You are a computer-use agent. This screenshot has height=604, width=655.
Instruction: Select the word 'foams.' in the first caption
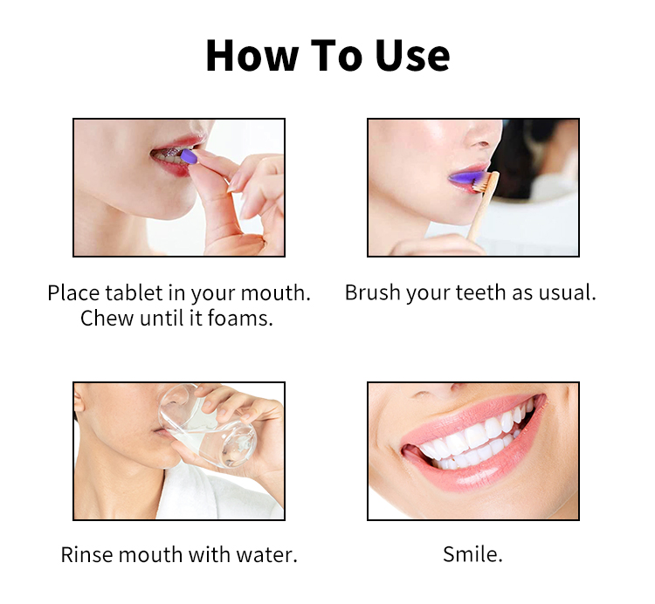tap(241, 319)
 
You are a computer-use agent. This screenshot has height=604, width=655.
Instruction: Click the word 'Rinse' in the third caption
tap(86, 554)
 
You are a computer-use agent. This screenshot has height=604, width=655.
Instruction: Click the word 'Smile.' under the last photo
tap(472, 554)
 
